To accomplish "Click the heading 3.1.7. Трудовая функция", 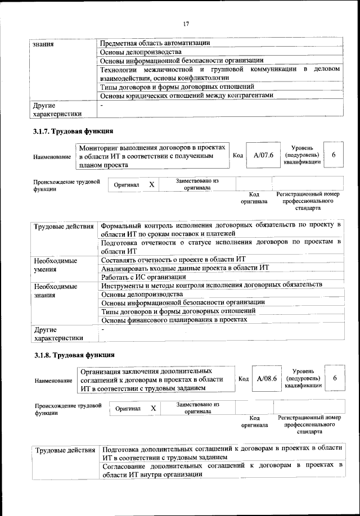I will coord(73,132).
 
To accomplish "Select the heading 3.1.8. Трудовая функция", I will coord(74,355).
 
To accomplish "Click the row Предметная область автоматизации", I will coord(155,43).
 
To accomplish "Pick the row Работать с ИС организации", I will coord(143,277).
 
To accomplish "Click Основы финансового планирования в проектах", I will coord(174,319).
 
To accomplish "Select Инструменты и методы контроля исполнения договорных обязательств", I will coord(211,285).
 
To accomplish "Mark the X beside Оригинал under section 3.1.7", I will coord(151,185).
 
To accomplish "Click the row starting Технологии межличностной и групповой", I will coord(219,74).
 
